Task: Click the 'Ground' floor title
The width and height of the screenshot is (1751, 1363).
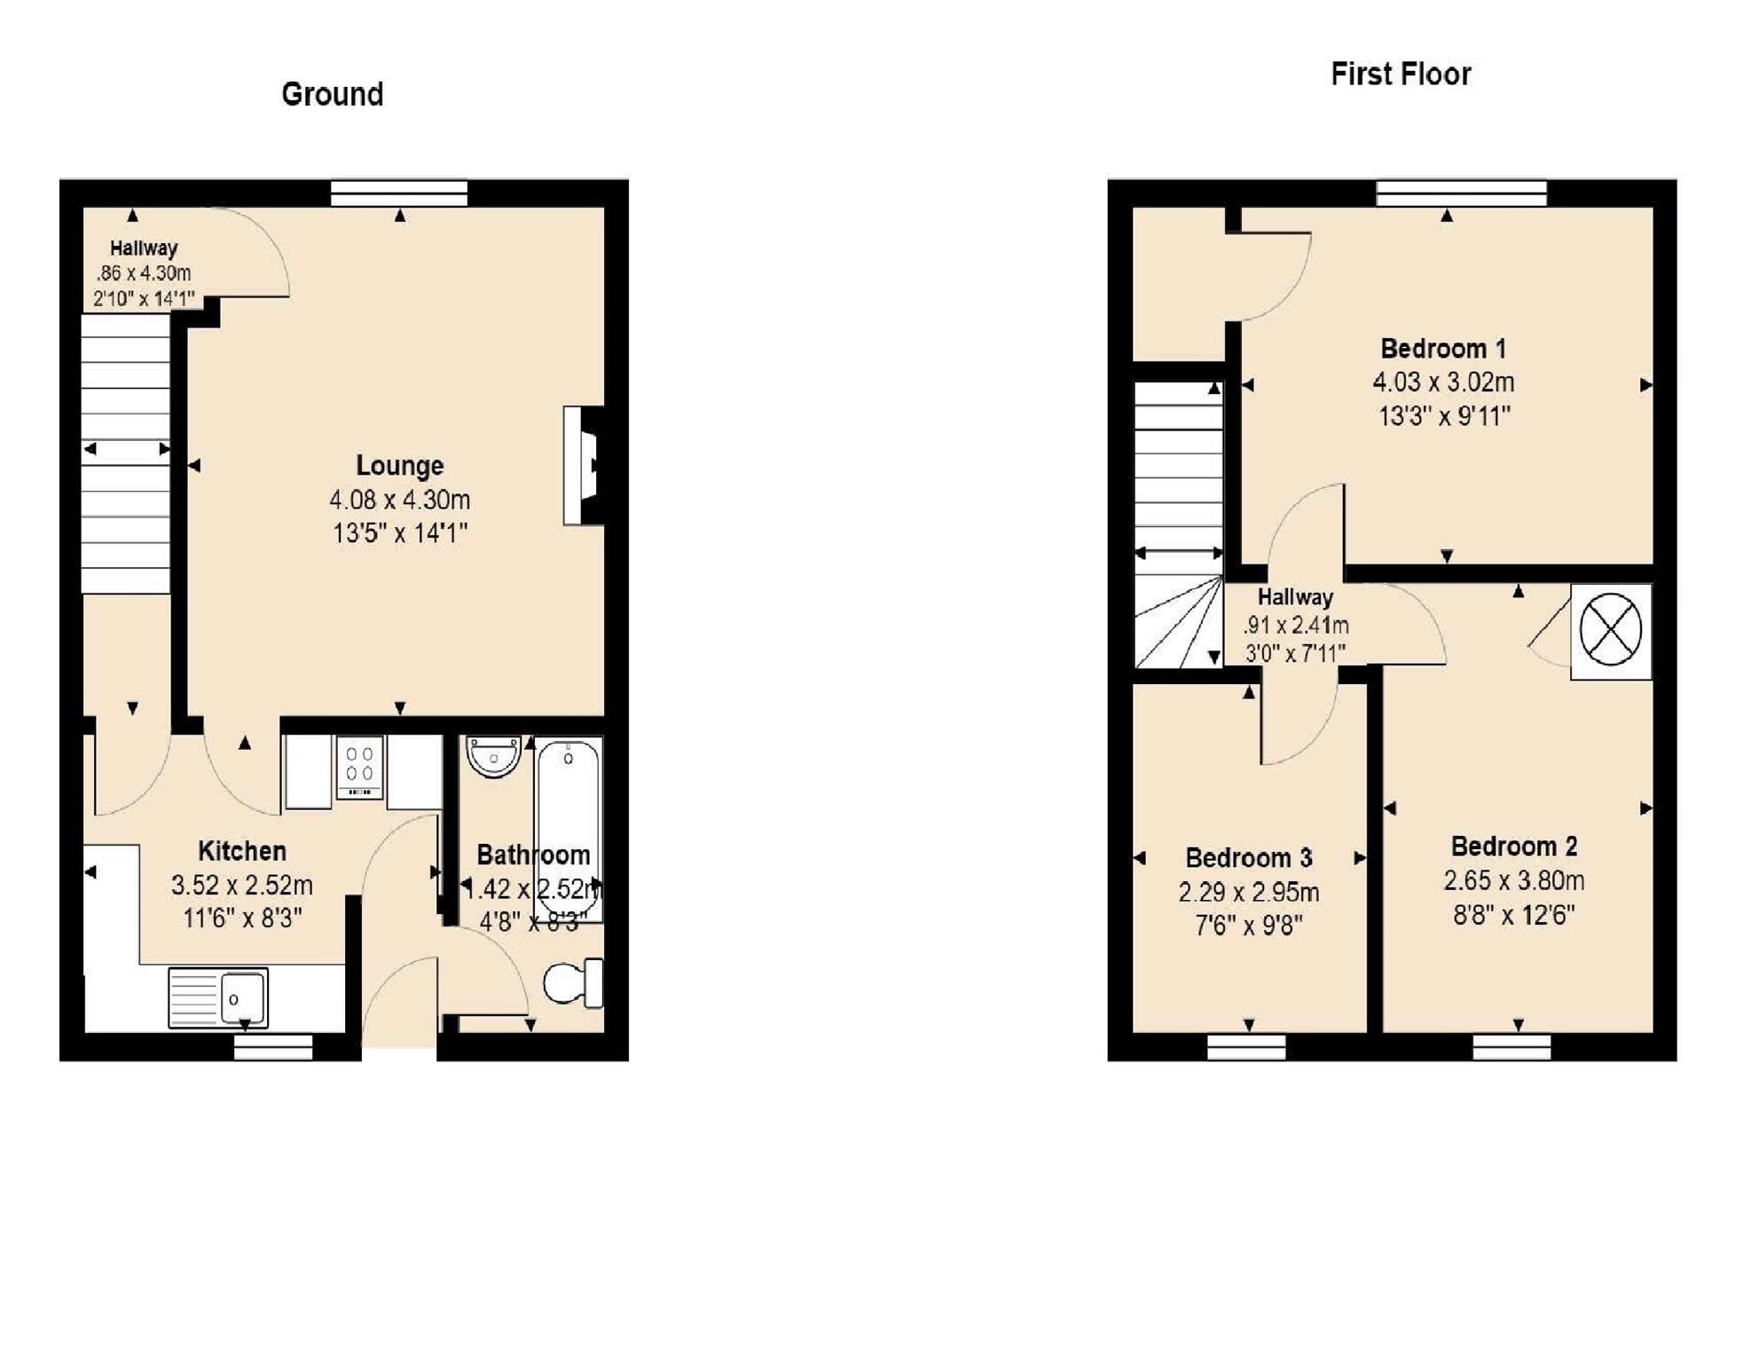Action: tap(332, 94)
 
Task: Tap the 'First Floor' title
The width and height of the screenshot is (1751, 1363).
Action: tap(1400, 74)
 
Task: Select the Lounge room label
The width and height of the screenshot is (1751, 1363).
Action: tap(399, 465)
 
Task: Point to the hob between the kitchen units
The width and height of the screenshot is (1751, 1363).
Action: tap(359, 768)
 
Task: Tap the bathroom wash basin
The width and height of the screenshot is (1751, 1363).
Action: tap(493, 756)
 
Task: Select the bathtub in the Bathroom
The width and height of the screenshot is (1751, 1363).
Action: tap(569, 830)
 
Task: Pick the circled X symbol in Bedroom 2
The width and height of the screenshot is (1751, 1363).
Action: tap(1610, 630)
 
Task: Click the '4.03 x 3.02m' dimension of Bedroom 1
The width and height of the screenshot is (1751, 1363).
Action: tap(1443, 382)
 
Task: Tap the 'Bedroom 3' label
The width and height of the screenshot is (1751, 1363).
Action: tap(1248, 858)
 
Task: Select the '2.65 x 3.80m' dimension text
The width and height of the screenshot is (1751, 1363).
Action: tap(1513, 881)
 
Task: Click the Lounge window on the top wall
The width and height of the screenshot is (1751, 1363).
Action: tap(399, 193)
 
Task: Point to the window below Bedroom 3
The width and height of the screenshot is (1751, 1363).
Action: tap(1246, 1048)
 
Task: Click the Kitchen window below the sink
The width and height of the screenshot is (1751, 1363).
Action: tap(273, 1048)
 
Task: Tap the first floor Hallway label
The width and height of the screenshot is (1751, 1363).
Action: tap(1295, 597)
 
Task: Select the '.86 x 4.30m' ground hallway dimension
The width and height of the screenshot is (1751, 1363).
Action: tap(144, 273)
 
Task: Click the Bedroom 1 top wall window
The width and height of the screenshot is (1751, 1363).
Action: tap(1460, 193)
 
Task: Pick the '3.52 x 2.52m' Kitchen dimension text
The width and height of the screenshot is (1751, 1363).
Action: tap(241, 886)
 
